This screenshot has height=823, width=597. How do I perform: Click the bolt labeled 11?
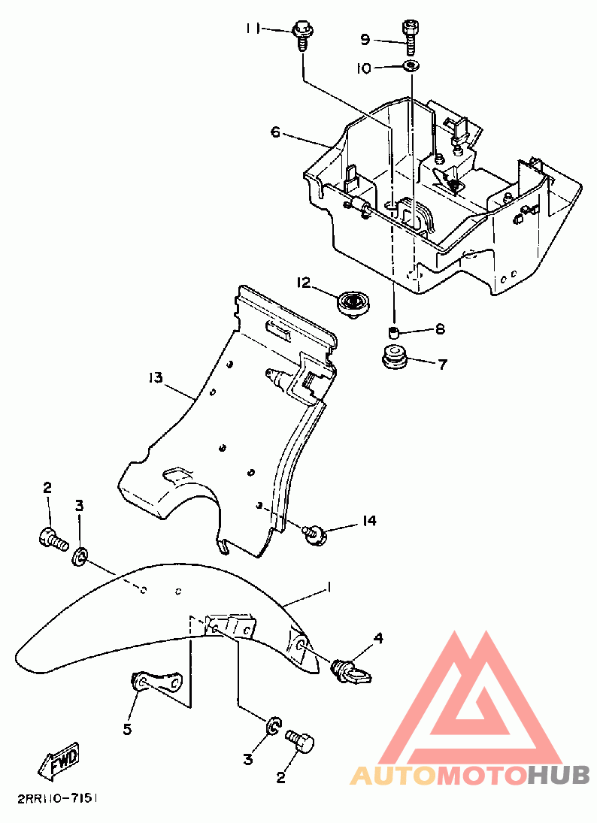[x=302, y=35]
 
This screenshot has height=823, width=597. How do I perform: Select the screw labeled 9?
[x=410, y=36]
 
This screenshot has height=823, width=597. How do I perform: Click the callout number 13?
[x=156, y=377]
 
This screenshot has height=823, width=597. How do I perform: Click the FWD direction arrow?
[x=59, y=761]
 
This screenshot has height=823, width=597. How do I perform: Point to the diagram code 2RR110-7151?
[x=58, y=799]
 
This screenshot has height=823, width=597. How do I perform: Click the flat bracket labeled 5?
[x=156, y=682]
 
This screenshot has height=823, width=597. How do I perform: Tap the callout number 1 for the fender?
[x=329, y=587]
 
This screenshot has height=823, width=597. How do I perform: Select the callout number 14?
[x=369, y=520]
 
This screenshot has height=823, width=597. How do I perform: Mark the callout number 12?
[x=304, y=283]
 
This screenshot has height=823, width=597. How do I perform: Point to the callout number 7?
[x=443, y=365]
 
